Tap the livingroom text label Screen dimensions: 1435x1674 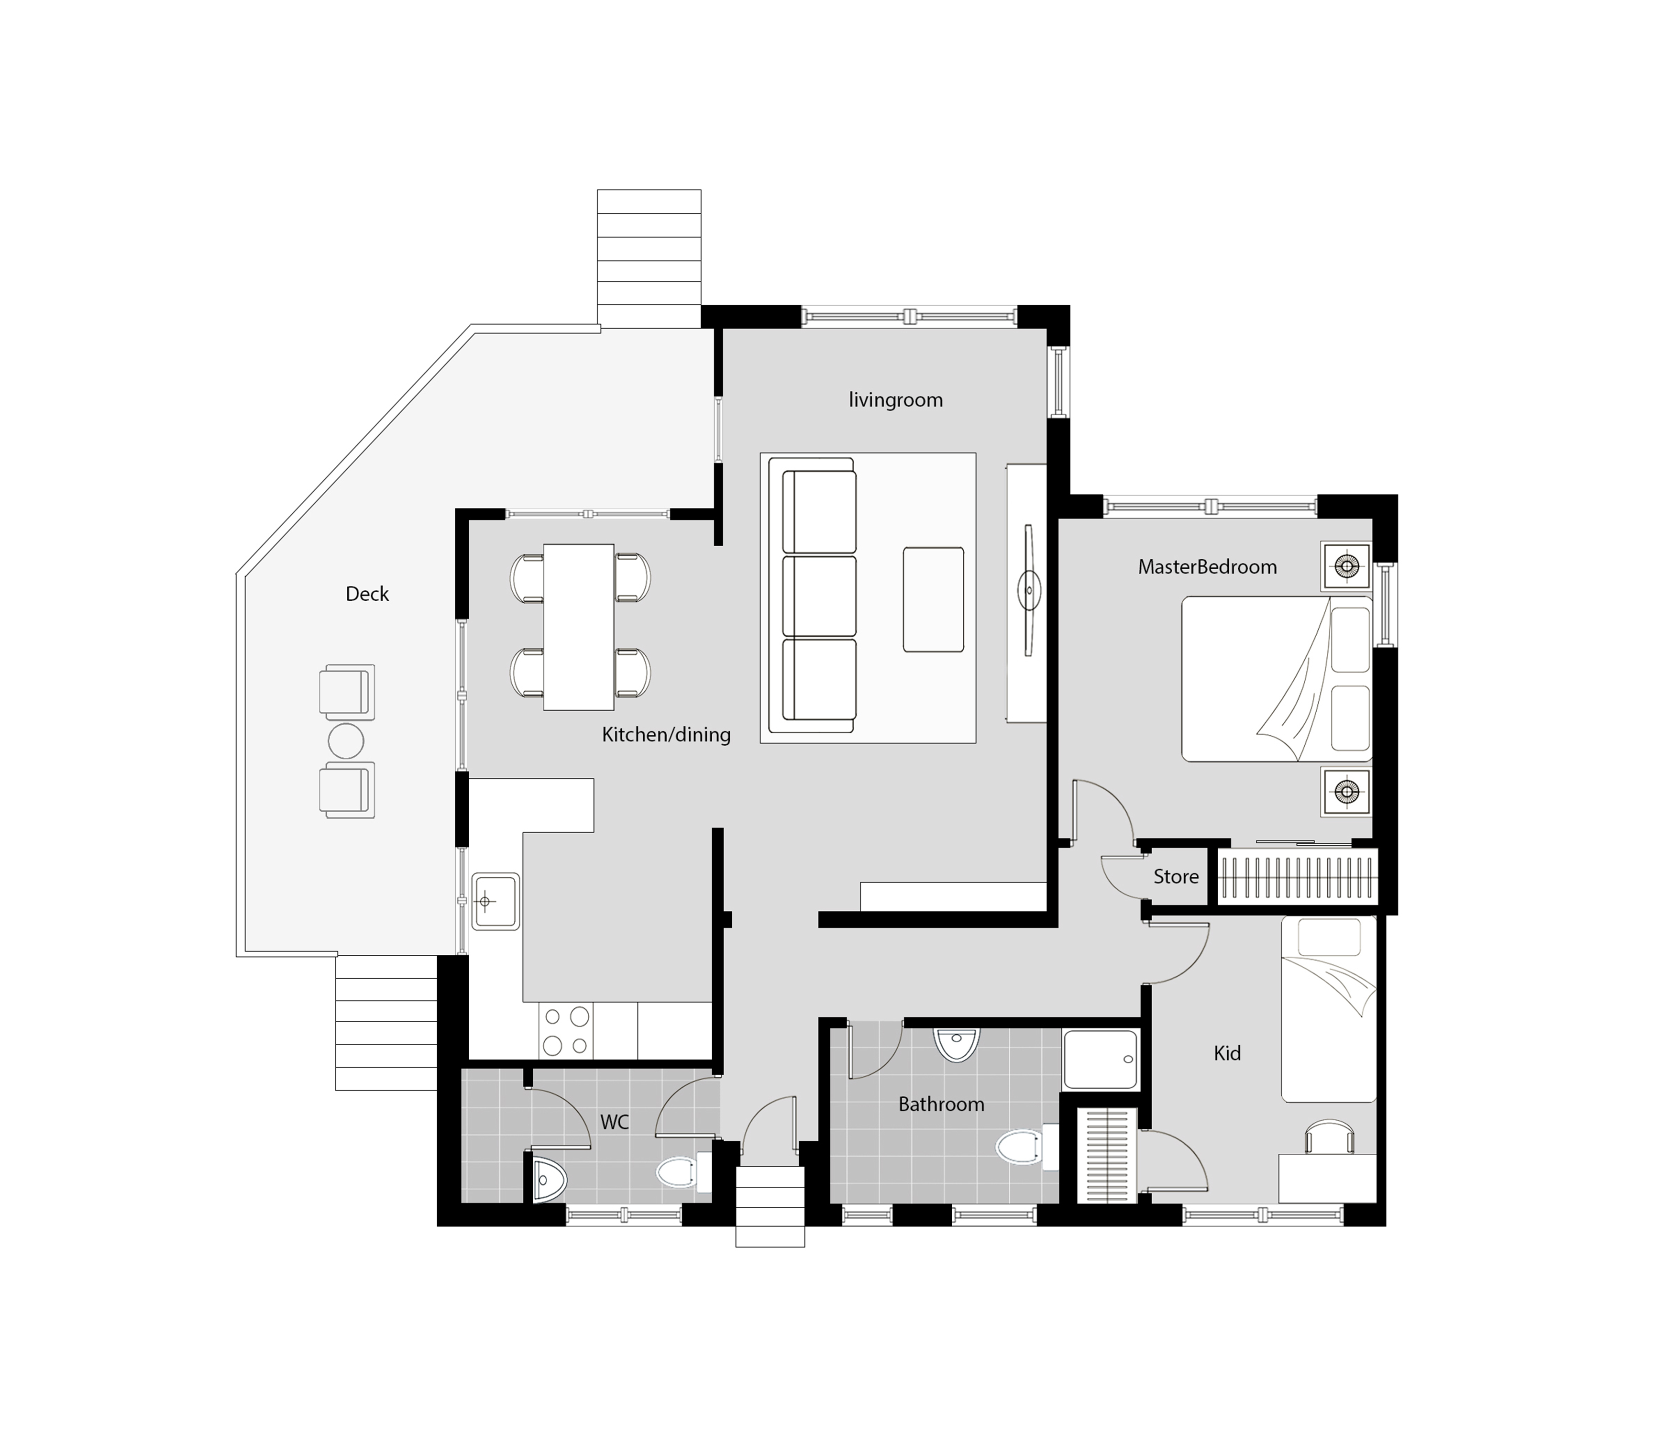895,400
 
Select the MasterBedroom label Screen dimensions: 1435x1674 1207,567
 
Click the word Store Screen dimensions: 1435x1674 1176,877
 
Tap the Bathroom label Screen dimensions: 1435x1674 941,1104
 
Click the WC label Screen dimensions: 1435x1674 614,1122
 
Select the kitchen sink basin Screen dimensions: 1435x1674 495,901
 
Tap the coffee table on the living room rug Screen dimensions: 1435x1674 933,599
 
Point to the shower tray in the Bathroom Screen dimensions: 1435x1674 1101,1060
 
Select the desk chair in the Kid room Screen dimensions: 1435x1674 1329,1135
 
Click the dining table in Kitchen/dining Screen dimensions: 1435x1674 578,627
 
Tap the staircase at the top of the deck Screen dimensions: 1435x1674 649,259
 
